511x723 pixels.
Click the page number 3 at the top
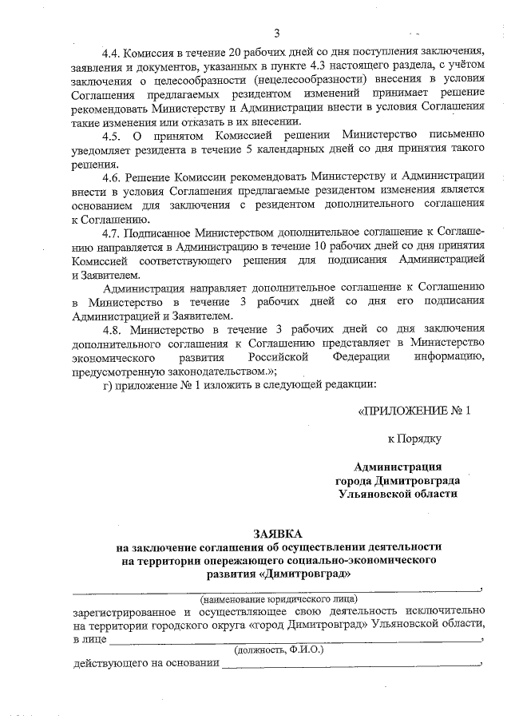(x=277, y=33)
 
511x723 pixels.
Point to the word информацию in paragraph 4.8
(x=450, y=357)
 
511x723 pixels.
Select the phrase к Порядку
(x=414, y=439)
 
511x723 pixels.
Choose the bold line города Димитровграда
(x=397, y=480)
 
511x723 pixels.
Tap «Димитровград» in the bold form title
(x=307, y=574)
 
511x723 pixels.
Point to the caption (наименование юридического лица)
(x=278, y=598)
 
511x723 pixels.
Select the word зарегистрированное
(x=121, y=610)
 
